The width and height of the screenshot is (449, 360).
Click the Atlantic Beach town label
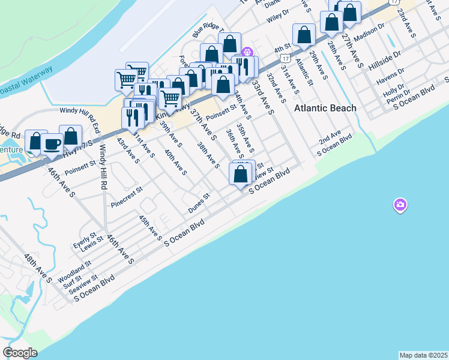pyautogui.click(x=325, y=108)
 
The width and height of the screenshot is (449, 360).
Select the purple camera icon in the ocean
pyautogui.click(x=400, y=206)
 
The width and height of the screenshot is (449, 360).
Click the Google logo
pyautogui.click(x=20, y=353)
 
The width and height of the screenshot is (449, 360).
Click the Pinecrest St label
pyautogui.click(x=127, y=197)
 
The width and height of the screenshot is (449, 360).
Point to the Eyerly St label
pyautogui.click(x=85, y=238)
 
